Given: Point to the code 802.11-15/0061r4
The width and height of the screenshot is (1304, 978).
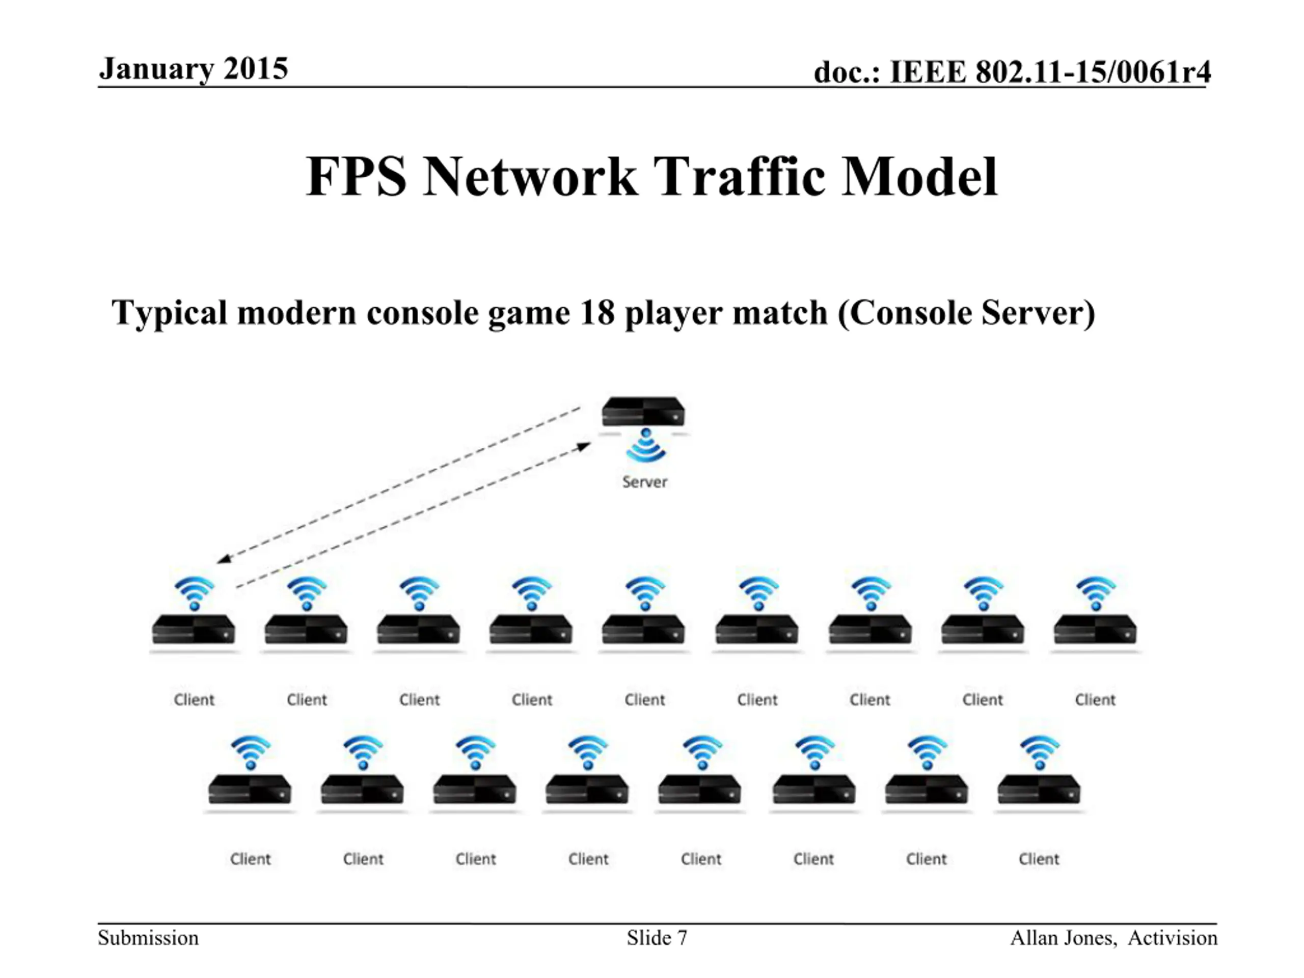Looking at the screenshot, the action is [x=1093, y=72].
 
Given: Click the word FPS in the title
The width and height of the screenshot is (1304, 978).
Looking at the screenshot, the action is [x=357, y=176].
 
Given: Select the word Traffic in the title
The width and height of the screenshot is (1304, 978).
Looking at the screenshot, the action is [x=739, y=176].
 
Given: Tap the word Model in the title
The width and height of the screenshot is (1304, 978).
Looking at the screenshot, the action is [x=919, y=176].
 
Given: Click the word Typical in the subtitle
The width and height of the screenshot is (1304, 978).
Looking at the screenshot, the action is [x=169, y=313].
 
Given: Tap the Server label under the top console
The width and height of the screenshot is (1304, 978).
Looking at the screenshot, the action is [x=644, y=482].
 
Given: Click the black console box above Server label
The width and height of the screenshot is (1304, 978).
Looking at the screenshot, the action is [x=643, y=412].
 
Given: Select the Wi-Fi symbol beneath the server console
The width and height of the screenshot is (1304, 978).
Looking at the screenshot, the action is [x=646, y=445].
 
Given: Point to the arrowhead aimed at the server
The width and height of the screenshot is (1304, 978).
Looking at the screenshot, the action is [x=583, y=446].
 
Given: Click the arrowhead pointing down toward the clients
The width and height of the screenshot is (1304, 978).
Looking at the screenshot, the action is [x=225, y=559].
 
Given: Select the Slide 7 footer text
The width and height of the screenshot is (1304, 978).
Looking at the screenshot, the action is [x=657, y=938].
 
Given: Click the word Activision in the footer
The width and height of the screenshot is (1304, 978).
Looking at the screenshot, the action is [x=1172, y=938].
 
